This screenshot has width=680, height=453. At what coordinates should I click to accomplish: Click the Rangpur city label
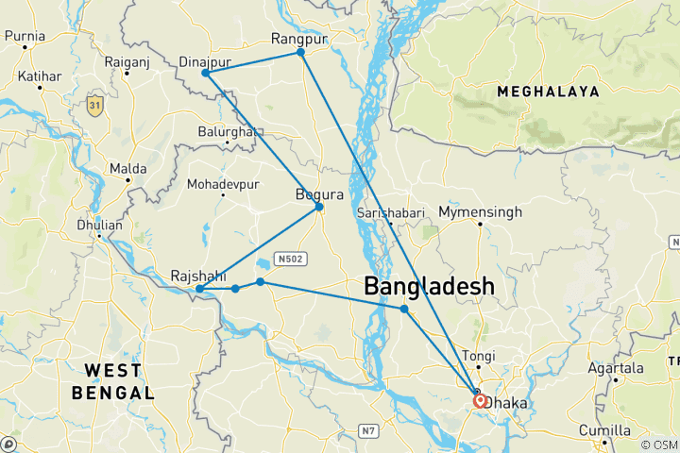[x=298, y=39]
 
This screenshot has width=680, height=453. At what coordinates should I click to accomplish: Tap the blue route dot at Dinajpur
[x=205, y=73]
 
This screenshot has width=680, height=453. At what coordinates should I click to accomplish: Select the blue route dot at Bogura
[x=319, y=207]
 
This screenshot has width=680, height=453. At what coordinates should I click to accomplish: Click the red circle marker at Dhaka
[x=480, y=400]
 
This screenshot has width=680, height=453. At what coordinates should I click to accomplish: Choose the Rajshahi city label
[x=197, y=276]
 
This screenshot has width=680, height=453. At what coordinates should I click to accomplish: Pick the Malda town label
[x=127, y=168]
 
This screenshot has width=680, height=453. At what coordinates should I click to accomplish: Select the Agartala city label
[x=615, y=368]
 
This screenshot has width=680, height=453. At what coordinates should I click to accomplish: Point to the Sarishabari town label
[x=391, y=213]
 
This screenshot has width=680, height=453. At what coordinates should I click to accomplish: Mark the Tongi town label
[x=477, y=356]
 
